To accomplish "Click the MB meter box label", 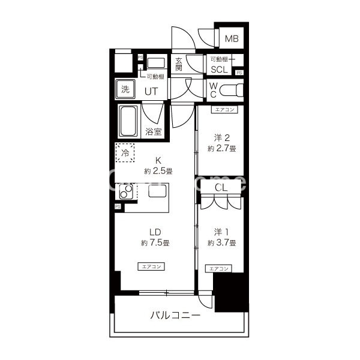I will pos(232,40).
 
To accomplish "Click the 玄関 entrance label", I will pos(179,64).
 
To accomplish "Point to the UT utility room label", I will pos(151,91).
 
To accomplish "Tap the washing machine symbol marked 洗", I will pos(125,90).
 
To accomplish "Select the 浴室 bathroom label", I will pos(154,131).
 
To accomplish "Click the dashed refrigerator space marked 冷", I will pos(125,154).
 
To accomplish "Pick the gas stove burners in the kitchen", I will pos(126,193).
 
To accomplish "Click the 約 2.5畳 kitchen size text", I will pos(158,171).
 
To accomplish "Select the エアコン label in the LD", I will pos(152,266).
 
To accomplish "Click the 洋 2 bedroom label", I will pos(223,136).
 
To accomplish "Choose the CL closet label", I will pos(221,187).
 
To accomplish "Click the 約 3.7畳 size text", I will pos(222,243).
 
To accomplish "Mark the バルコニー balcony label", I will pos(175,315).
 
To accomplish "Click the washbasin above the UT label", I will pos(156,63).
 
